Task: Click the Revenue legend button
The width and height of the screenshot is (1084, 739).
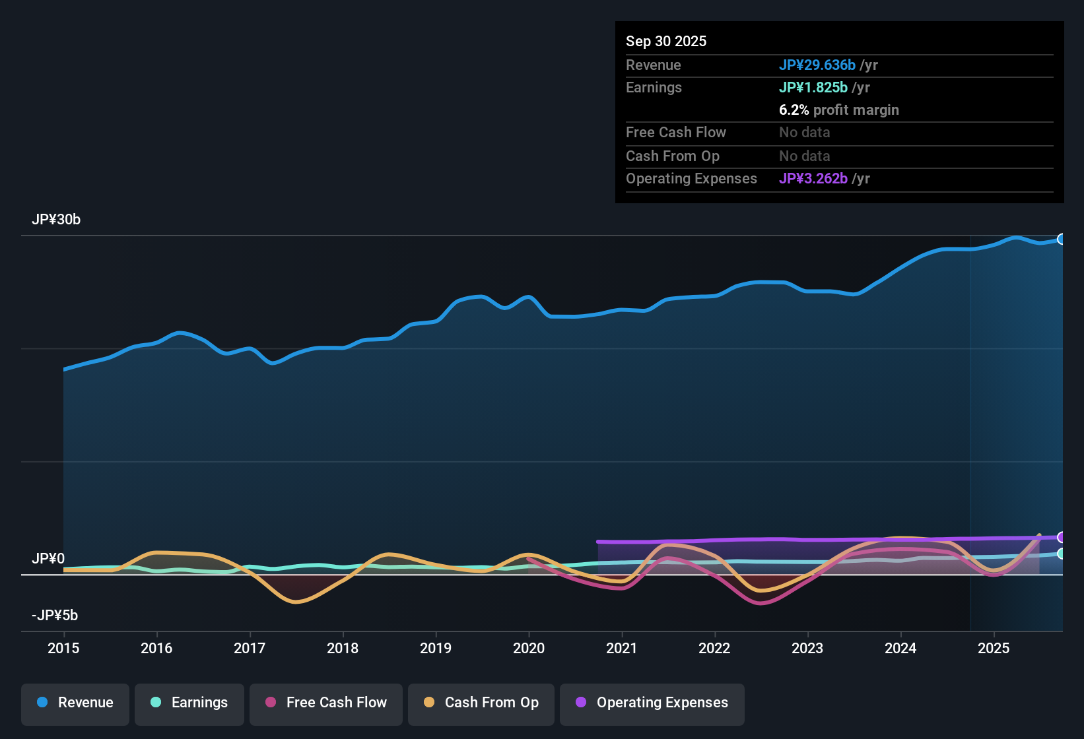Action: (x=75, y=703)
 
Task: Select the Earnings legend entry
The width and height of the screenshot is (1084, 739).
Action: (x=189, y=703)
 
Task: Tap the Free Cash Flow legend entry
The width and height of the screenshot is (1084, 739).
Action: (x=326, y=703)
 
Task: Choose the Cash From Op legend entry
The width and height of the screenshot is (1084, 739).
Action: (x=481, y=703)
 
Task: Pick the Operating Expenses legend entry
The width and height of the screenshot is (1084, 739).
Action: (x=652, y=703)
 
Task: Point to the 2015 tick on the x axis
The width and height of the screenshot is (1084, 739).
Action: (x=63, y=648)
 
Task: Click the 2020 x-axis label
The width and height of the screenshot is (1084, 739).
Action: (x=529, y=648)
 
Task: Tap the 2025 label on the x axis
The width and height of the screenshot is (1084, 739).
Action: (x=994, y=648)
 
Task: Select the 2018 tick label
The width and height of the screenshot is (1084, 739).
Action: (x=343, y=648)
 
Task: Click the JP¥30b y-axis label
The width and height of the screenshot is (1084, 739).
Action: (x=56, y=220)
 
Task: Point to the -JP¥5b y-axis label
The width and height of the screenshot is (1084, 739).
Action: (x=55, y=616)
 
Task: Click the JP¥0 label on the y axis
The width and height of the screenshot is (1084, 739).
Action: (x=48, y=559)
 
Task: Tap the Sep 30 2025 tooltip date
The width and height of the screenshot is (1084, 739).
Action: (x=666, y=41)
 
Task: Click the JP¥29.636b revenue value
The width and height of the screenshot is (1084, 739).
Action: (x=817, y=65)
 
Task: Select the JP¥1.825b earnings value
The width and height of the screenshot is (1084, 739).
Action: (x=813, y=88)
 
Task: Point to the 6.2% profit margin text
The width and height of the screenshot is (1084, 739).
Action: (x=839, y=110)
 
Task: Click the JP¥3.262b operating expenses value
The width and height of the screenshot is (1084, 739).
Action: (x=813, y=179)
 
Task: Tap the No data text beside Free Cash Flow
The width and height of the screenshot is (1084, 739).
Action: (x=805, y=133)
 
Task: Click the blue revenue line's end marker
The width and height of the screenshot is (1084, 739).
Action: (x=1062, y=239)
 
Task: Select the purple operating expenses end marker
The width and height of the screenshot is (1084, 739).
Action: (x=1062, y=537)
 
